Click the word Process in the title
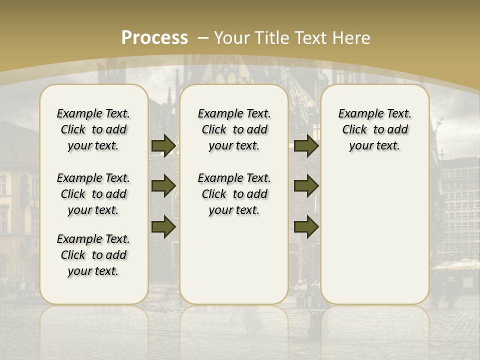[154, 37]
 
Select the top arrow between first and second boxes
[163, 145]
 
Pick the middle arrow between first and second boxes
[163, 186]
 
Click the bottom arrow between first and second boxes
[163, 227]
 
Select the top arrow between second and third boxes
[306, 145]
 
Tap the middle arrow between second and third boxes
[306, 186]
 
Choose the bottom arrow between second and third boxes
[306, 227]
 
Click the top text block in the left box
[93, 129]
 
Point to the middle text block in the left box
[93, 194]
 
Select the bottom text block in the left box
[93, 255]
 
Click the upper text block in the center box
[234, 129]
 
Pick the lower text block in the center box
[234, 194]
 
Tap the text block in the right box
[374, 129]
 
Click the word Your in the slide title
[232, 37]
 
